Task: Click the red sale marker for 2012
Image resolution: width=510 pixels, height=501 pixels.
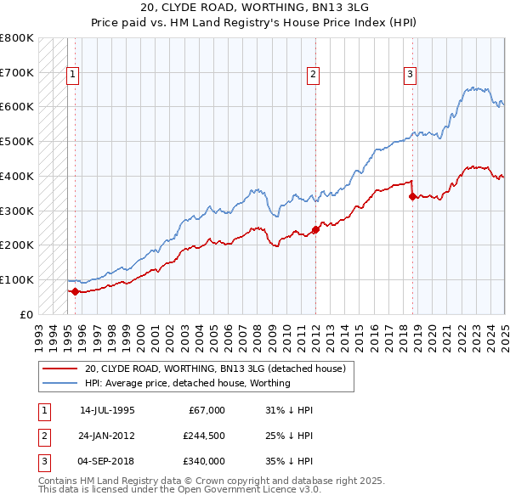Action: pyautogui.click(x=315, y=229)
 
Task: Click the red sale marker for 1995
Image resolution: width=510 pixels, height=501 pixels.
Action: pyautogui.click(x=75, y=291)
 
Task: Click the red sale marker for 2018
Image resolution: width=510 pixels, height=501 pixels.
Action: pyautogui.click(x=412, y=196)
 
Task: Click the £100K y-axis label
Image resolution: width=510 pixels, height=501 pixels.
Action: pyautogui.click(x=17, y=279)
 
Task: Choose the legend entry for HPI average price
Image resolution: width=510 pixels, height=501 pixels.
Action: pyautogui.click(x=187, y=383)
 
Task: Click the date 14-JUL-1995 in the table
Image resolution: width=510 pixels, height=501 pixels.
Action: pyautogui.click(x=107, y=410)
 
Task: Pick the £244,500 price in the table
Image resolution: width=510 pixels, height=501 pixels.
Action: pyautogui.click(x=204, y=436)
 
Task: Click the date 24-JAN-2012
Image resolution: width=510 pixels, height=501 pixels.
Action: pyautogui.click(x=107, y=436)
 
